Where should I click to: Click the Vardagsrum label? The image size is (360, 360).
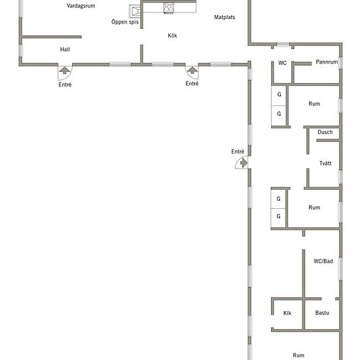81,6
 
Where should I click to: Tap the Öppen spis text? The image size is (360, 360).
125,22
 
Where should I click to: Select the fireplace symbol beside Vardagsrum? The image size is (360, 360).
135,11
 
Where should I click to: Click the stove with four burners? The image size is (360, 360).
168,8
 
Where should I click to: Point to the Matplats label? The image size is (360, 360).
225,17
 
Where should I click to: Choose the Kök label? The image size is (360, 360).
172,35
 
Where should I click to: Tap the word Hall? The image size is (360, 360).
65,49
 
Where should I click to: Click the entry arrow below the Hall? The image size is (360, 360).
65,70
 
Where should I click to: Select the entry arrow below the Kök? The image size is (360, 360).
192,70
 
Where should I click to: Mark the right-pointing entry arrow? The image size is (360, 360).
243,163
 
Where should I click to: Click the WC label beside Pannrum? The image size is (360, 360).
282,63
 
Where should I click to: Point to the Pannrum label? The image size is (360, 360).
327,62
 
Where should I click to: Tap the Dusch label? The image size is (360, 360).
325,132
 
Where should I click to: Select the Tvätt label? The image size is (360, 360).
325,163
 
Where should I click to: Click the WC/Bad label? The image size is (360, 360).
323,261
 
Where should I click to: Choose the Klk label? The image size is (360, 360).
287,313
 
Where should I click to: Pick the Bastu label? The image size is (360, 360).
322,313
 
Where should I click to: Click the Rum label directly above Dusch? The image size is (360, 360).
314,104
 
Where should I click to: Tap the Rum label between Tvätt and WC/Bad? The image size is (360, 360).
314,207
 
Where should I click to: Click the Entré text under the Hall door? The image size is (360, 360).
65,84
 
